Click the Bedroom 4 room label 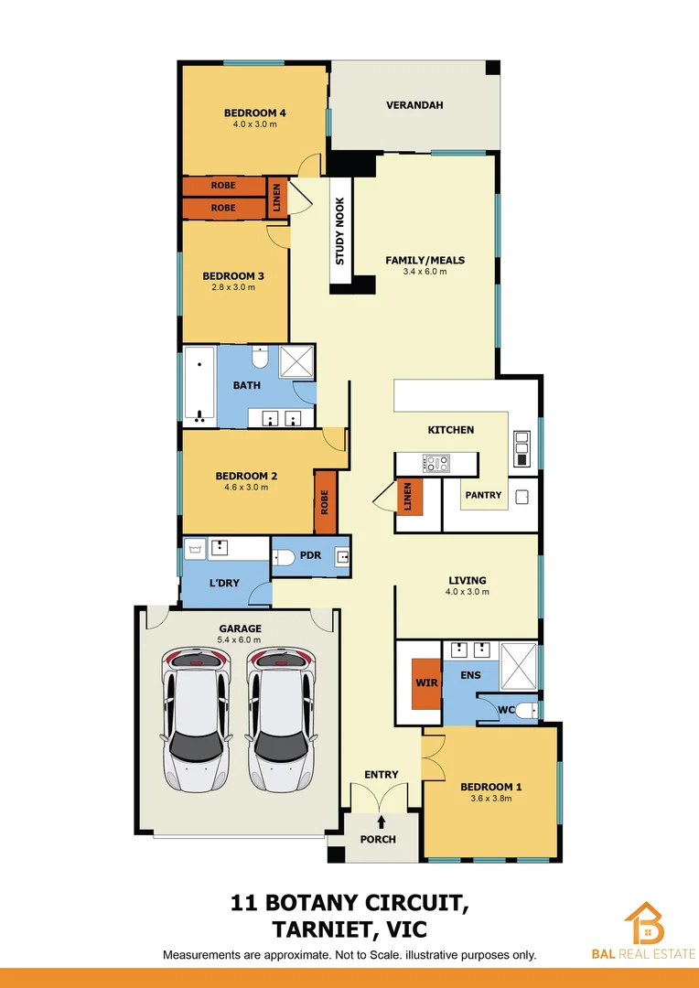click(255, 113)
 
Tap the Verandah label click(414, 105)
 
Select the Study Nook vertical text click(339, 231)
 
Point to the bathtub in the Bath click(199, 385)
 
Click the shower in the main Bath click(296, 362)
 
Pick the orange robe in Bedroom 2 click(325, 503)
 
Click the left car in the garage click(196, 719)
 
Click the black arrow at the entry click(382, 822)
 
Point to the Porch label click(378, 839)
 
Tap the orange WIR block click(426, 683)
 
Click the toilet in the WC click(524, 709)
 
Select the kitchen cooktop click(435, 464)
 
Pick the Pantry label click(483, 495)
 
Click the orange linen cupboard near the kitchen click(409, 498)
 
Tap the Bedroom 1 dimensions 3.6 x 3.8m click(490, 799)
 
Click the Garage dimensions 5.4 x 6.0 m click(240, 639)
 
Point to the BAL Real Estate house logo click(644, 924)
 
